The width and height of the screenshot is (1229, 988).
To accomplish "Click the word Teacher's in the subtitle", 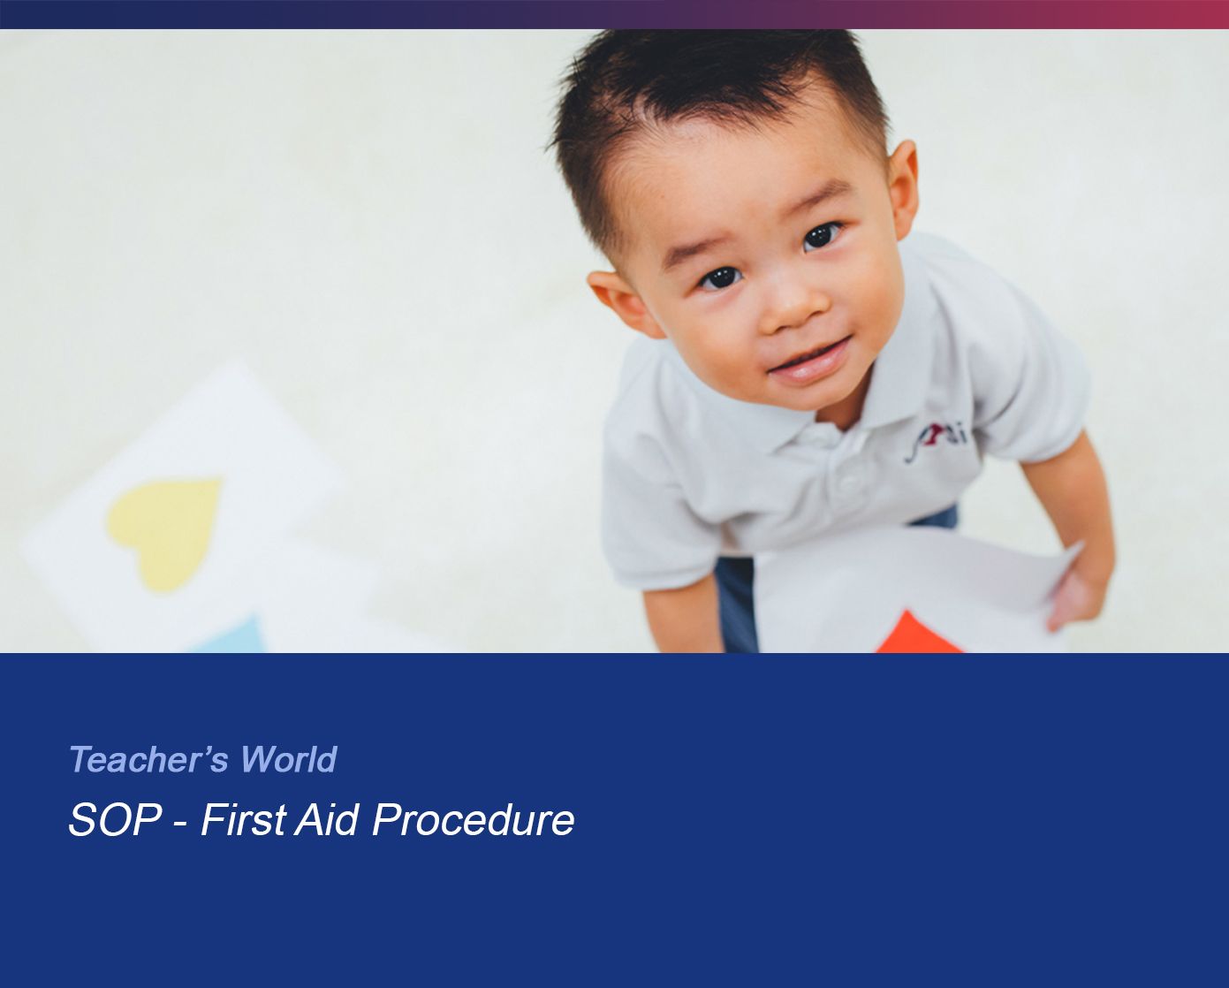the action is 148,759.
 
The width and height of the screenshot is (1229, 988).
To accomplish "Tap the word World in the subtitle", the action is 288,759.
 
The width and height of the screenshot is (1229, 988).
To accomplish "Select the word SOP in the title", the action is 116,819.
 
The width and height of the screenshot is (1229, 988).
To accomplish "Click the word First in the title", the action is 243,819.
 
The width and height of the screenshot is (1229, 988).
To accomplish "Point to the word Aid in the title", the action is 327,819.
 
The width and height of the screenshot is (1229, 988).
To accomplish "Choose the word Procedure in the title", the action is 473,819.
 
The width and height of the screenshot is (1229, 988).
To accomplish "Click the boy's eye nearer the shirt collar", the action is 821,235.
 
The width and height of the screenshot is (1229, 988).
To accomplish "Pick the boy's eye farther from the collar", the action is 721,277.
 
